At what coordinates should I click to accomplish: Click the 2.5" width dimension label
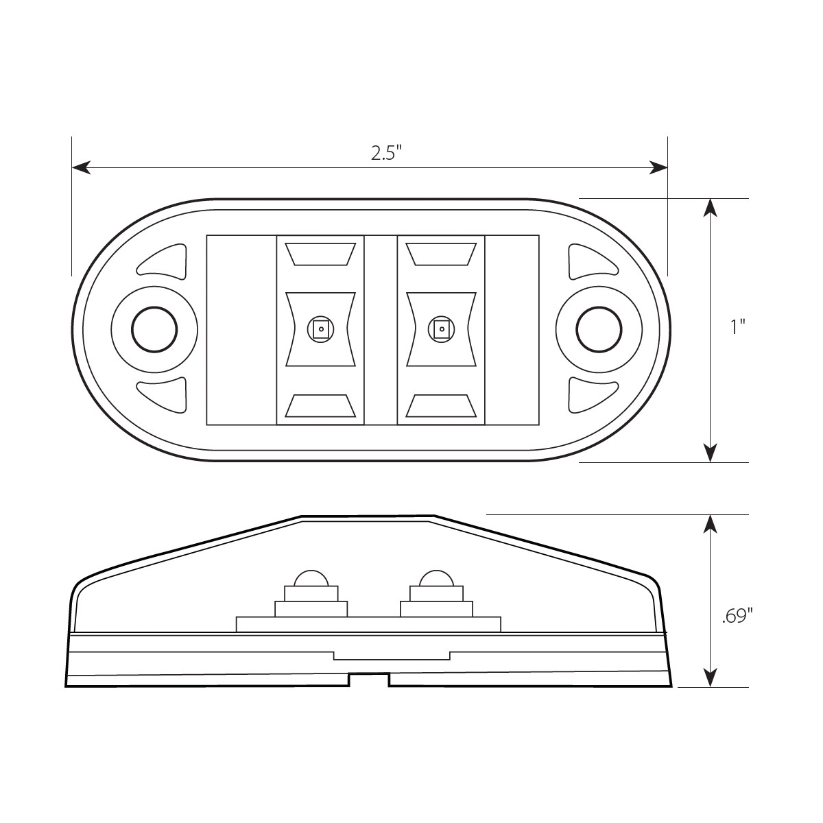point(385,153)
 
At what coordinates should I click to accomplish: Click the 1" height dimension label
point(737,327)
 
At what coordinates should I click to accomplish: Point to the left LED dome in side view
point(311,577)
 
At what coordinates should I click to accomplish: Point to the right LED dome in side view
point(436,577)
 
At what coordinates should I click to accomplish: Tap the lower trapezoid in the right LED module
point(441,406)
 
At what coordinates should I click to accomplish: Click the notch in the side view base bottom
point(369,680)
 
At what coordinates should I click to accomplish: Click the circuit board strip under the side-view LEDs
point(368,624)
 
